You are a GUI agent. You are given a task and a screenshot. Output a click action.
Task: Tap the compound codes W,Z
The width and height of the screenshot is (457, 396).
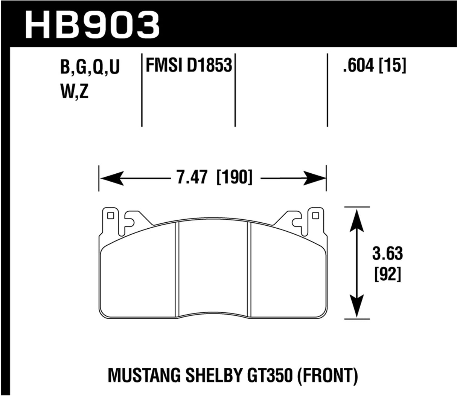74,92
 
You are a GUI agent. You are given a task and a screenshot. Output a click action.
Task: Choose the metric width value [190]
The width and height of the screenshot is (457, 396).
234,177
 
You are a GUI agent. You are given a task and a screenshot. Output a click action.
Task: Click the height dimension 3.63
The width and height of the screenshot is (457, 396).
388,254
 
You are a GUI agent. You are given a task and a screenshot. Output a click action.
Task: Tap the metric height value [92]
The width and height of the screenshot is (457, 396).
388,274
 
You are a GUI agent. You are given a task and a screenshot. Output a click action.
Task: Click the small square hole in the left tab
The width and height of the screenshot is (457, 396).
110,216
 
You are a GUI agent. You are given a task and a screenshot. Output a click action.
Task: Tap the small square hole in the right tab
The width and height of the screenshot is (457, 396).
315,216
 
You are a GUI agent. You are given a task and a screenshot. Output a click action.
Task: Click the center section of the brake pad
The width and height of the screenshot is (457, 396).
213,268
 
